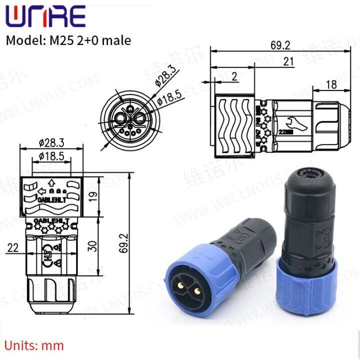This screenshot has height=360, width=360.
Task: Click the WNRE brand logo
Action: pyautogui.click(x=45, y=16)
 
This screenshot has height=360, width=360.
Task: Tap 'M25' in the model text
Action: pyautogui.click(x=58, y=40)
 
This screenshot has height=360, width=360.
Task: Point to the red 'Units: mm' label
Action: pyautogui.click(x=35, y=344)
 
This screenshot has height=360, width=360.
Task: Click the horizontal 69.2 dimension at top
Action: pyautogui.click(x=280, y=45)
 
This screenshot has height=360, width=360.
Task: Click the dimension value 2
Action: pyautogui.click(x=234, y=76)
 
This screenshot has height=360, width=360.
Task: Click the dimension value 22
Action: pyautogui.click(x=13, y=247)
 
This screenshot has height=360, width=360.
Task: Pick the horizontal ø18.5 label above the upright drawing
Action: pyautogui.click(x=51, y=156)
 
